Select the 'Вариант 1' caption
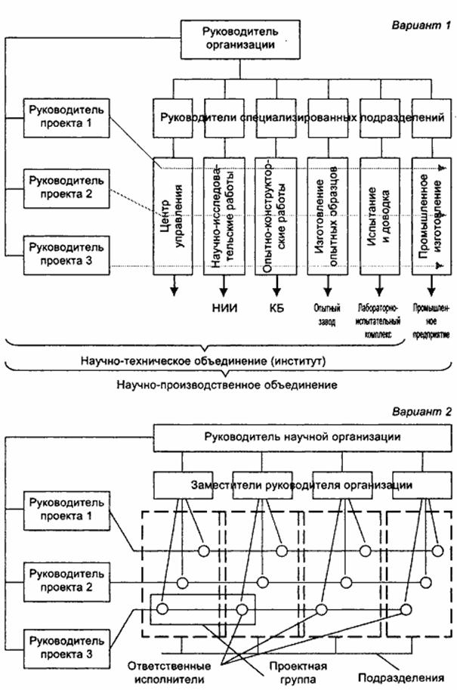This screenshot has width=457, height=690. [420, 25]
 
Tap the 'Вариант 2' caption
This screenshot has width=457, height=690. [421, 412]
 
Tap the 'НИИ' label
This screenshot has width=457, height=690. [224, 308]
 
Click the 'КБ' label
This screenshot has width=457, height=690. [276, 308]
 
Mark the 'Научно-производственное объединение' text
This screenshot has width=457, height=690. [227, 384]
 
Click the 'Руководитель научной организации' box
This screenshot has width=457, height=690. [301, 437]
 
